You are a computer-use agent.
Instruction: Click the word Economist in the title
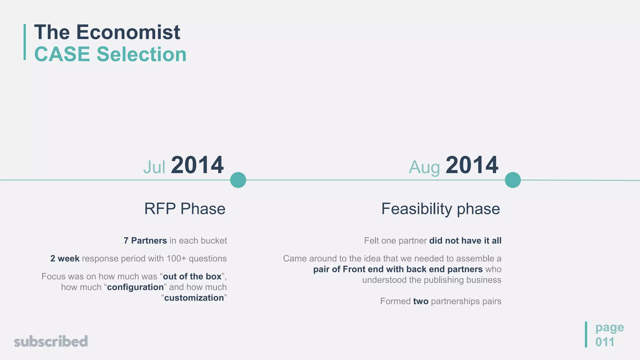pos(128,32)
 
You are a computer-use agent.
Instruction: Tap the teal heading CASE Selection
pos(110,54)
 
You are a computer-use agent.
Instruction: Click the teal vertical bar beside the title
pos(25,42)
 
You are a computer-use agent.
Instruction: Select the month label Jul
pos(154,167)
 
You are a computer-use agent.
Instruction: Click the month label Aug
pos(424,167)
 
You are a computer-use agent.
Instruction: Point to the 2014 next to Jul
pos(197,165)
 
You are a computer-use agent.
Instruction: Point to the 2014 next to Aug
pos(472,165)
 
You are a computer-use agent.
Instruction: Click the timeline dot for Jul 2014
pos(238,180)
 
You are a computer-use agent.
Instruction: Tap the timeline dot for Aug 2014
pos(513,180)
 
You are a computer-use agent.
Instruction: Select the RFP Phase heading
pos(185,209)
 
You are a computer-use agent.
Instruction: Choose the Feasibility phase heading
pos(440,209)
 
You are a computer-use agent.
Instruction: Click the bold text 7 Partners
pos(145,241)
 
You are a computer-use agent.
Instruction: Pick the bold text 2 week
pos(65,259)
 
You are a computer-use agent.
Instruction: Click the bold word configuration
pos(135,287)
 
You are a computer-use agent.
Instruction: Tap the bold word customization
pos(194,298)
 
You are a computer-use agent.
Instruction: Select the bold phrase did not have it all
pos(465,241)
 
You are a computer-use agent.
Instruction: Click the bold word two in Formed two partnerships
pos(421,301)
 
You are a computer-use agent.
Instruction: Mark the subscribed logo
pos(51,342)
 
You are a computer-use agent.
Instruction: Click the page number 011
pos(604,342)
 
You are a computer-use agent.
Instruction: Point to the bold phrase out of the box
pos(192,277)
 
